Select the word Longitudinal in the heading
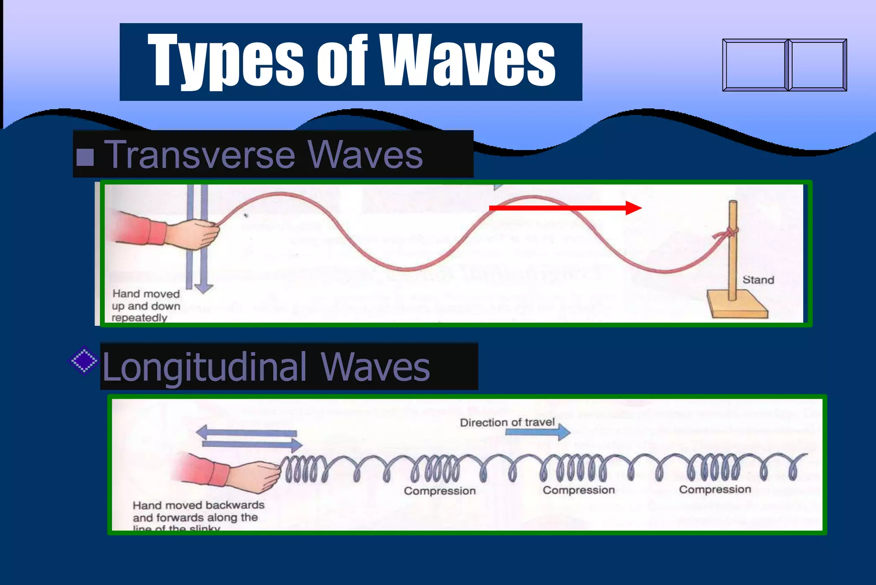[x=205, y=367]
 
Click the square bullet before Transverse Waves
[x=85, y=157]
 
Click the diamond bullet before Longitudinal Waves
[x=84, y=361]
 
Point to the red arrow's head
[x=634, y=208]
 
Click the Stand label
[x=758, y=280]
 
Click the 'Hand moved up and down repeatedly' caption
[x=145, y=306]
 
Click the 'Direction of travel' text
[x=507, y=422]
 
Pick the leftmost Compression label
[x=440, y=491]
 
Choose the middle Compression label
[x=579, y=490]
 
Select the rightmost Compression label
[x=715, y=489]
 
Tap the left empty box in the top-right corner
[x=755, y=65]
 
